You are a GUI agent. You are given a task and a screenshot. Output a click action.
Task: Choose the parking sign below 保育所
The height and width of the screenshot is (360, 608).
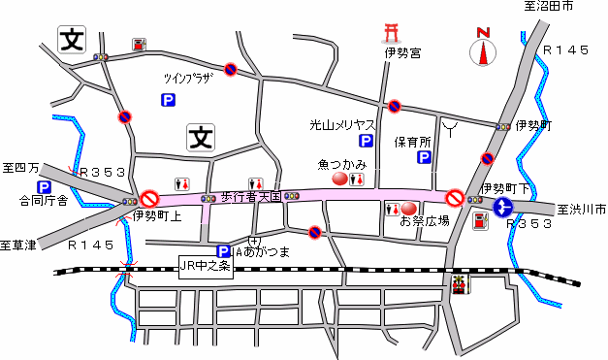[x=424, y=157]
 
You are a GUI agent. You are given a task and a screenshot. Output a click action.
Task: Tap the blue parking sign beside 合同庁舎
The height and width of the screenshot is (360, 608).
[x=44, y=186]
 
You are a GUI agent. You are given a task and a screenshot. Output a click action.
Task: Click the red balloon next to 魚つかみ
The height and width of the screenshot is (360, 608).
[x=340, y=179]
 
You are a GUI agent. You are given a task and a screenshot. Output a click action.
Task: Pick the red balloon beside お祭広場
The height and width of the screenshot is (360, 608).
[x=409, y=209]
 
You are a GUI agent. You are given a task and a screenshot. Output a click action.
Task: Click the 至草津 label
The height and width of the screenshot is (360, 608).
[x=18, y=245]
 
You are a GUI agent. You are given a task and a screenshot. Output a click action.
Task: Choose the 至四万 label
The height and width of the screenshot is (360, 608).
[x=20, y=168]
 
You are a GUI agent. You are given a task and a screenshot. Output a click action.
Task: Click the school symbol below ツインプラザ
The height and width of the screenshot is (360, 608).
[x=201, y=137]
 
